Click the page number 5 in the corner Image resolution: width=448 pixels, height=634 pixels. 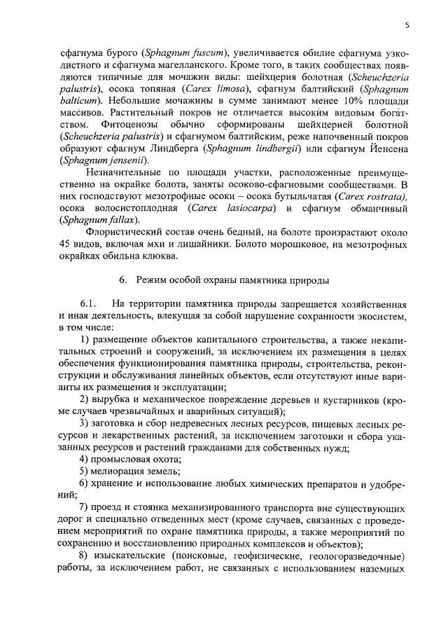click(x=407, y=25)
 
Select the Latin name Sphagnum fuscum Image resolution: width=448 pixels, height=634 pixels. click(x=184, y=53)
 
